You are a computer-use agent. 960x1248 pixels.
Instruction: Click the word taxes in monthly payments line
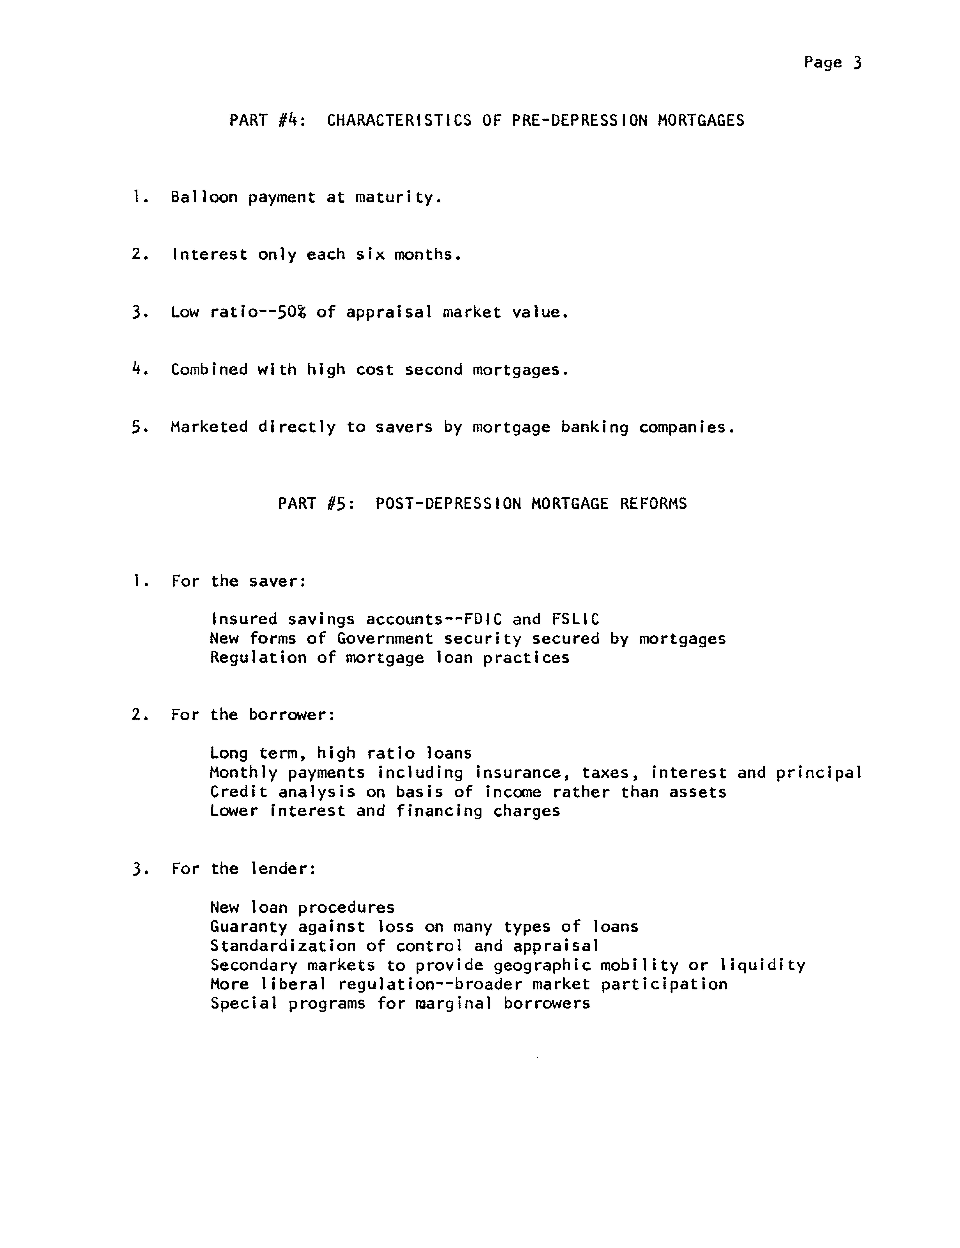tap(608, 773)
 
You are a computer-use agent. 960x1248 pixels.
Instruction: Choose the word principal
tap(818, 773)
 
